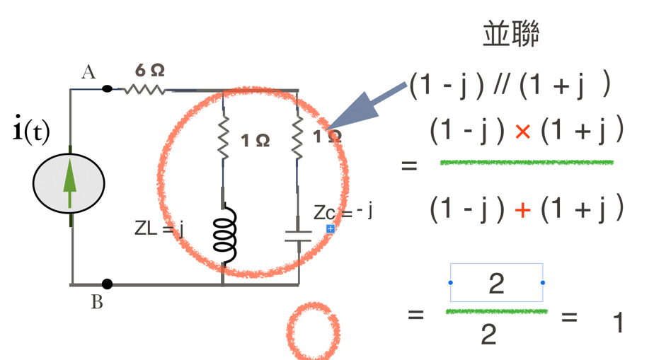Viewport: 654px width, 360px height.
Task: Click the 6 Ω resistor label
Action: pos(149,70)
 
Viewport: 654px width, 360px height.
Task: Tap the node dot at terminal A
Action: pos(107,89)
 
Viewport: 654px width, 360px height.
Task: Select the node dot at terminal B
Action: pos(107,284)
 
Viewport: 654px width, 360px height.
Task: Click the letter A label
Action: pos(88,72)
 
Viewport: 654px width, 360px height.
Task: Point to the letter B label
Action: pos(97,303)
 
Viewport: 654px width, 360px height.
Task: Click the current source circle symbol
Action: pos(69,183)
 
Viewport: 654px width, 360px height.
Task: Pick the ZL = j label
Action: pos(159,228)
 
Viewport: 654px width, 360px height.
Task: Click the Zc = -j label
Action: pos(343,211)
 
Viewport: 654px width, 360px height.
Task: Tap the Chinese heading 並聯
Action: pos(511,34)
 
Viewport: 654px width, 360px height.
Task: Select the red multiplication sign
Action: pos(522,132)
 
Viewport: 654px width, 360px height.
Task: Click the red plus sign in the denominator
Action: pos(522,210)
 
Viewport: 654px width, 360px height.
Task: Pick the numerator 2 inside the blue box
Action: pos(496,284)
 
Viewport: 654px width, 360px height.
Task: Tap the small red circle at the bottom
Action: pos(313,330)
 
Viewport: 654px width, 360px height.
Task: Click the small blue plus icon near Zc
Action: pos(331,228)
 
